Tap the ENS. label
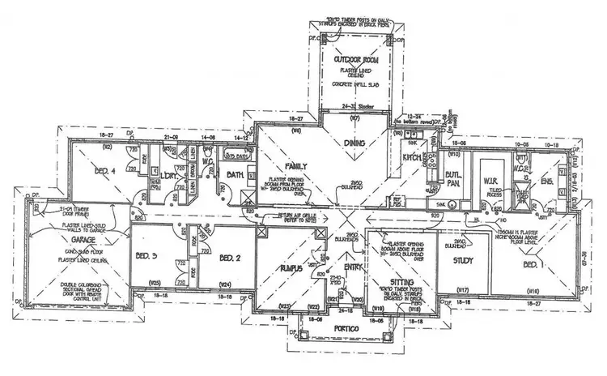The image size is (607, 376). (x=547, y=183)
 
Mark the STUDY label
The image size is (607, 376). (x=463, y=261)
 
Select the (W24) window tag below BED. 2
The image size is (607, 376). (x=226, y=284)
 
